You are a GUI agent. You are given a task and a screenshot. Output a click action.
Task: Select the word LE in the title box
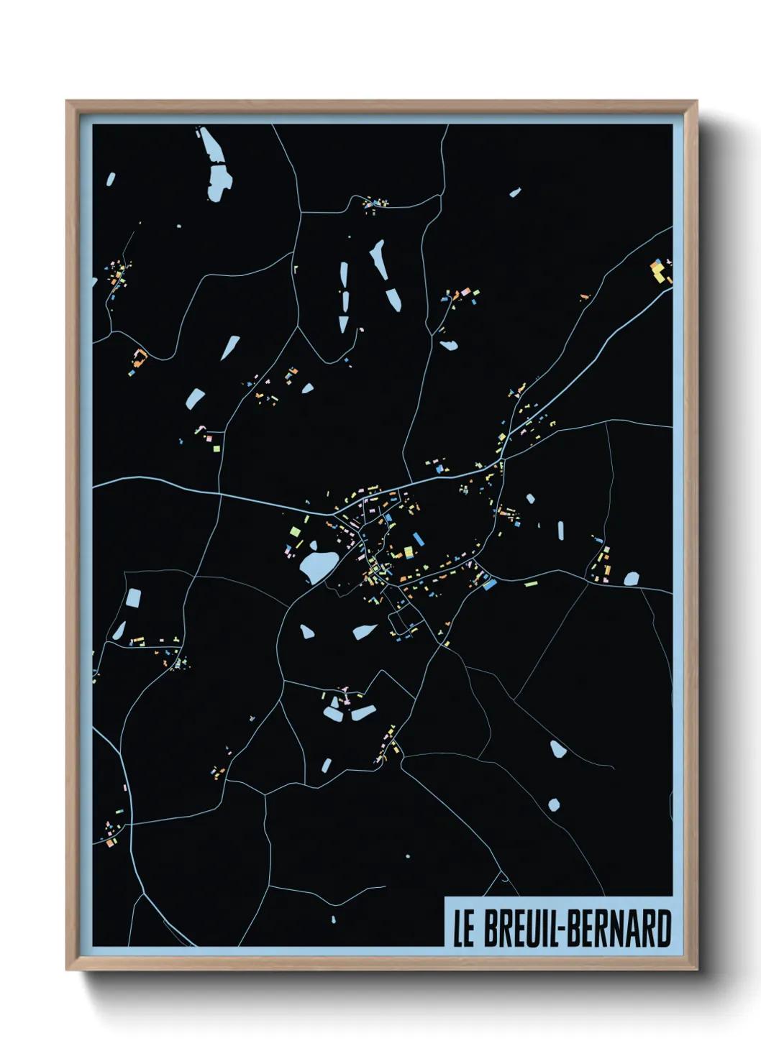click(x=463, y=929)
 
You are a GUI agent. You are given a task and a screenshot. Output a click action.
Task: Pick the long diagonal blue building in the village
click(x=490, y=584)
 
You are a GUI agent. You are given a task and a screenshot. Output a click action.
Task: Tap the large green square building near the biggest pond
click(x=294, y=531)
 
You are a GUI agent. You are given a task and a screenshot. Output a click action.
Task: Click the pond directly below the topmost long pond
click(x=219, y=183)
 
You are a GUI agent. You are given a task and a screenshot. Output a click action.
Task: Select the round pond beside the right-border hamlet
click(x=631, y=578)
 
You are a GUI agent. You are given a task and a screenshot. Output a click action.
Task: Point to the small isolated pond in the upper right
click(x=514, y=193)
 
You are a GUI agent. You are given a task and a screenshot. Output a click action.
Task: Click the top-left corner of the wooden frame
click(x=67, y=101)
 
